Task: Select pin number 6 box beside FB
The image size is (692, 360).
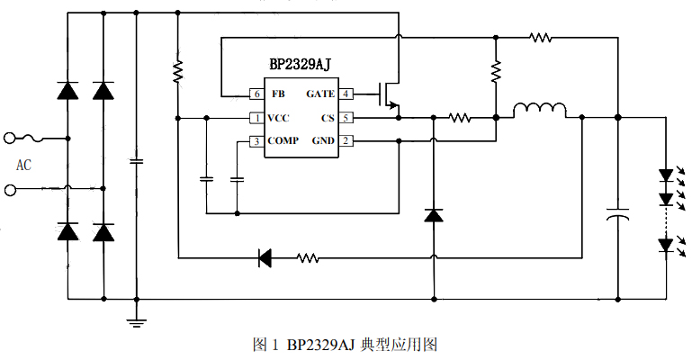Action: click(x=256, y=94)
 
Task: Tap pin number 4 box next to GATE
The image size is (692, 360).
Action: click(x=346, y=94)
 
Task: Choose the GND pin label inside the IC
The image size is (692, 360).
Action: click(x=322, y=141)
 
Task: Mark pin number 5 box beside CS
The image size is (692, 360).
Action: click(x=346, y=118)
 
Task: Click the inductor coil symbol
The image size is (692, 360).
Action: click(x=540, y=111)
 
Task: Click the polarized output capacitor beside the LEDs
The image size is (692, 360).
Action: click(x=618, y=217)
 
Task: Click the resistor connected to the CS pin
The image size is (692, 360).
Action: click(x=460, y=117)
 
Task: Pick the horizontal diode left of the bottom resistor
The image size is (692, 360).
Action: click(x=265, y=258)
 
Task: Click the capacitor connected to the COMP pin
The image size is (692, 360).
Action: click(x=238, y=179)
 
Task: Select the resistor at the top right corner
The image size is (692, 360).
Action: click(x=540, y=38)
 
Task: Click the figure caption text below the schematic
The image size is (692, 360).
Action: click(x=346, y=345)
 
